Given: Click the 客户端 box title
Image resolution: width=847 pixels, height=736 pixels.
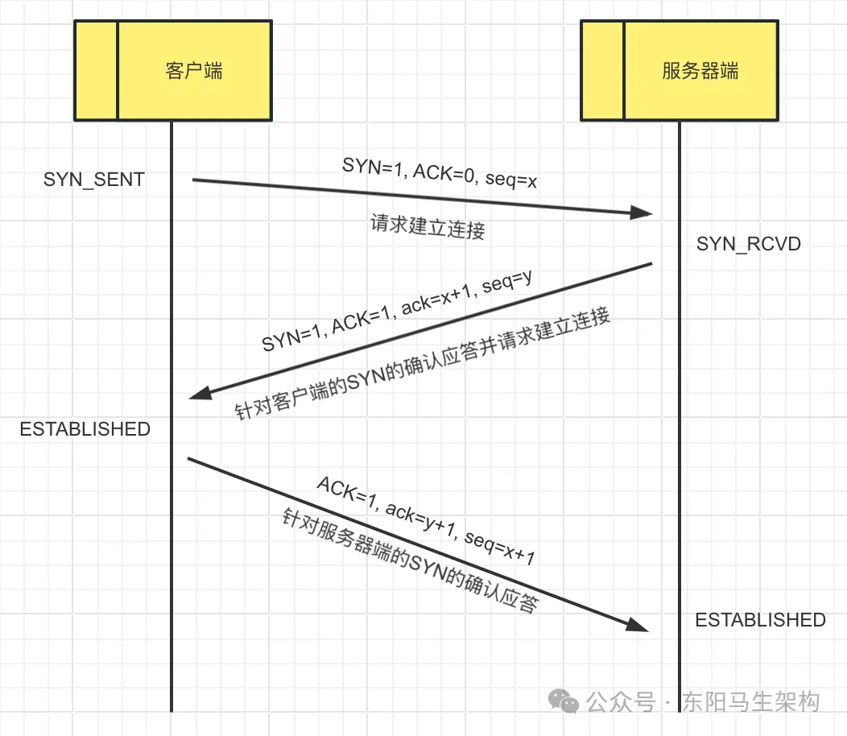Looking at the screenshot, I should [194, 71].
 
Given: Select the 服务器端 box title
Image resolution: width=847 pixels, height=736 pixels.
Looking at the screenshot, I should [700, 71].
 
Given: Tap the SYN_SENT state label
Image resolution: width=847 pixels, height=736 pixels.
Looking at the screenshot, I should [94, 180].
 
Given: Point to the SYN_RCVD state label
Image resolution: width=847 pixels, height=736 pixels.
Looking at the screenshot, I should [749, 243].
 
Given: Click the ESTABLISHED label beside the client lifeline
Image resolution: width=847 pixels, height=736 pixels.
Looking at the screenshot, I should [85, 429].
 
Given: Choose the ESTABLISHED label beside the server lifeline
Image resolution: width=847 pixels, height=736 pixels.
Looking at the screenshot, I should [760, 620].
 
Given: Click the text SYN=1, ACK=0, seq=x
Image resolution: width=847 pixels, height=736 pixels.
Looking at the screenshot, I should [440, 173].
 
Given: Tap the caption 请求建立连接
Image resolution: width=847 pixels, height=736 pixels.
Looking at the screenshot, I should [428, 227].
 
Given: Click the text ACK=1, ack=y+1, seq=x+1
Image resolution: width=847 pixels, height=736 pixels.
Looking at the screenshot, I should [426, 521].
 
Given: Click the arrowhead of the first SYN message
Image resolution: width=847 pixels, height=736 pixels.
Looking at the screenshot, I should [642, 213].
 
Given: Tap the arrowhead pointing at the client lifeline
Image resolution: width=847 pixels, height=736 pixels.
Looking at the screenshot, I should [200, 393].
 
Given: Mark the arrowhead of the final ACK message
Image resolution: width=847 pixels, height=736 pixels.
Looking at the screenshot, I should [638, 626].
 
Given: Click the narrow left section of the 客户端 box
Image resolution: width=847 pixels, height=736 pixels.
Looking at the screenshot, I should [96, 71].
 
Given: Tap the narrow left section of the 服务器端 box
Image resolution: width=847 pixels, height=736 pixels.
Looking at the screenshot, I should [602, 71].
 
